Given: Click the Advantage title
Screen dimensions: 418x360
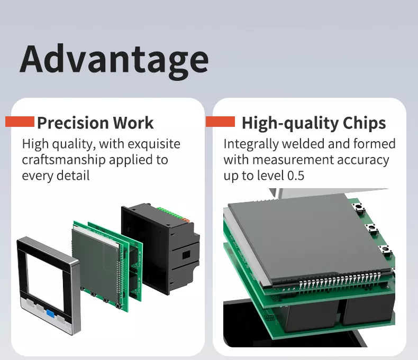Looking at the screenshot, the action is [x=114, y=60].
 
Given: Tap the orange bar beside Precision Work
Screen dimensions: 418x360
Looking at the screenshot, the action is [x=20, y=122].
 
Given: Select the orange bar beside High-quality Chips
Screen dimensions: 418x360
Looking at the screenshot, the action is [x=221, y=122].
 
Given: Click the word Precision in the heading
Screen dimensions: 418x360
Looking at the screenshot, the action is [x=73, y=123].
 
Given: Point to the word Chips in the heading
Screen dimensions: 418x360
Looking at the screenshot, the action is [x=364, y=123].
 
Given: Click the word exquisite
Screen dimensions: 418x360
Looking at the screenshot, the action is [x=154, y=144].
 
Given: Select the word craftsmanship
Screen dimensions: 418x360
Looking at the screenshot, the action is [x=63, y=160].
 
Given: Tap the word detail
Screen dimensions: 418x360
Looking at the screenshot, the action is [x=74, y=176].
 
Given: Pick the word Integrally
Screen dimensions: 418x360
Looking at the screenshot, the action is [x=251, y=144].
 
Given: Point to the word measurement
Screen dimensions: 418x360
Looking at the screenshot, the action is [x=293, y=160].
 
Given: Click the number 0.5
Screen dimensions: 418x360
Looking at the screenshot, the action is [x=296, y=176].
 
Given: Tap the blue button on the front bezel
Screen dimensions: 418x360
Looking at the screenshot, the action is [x=50, y=313].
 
